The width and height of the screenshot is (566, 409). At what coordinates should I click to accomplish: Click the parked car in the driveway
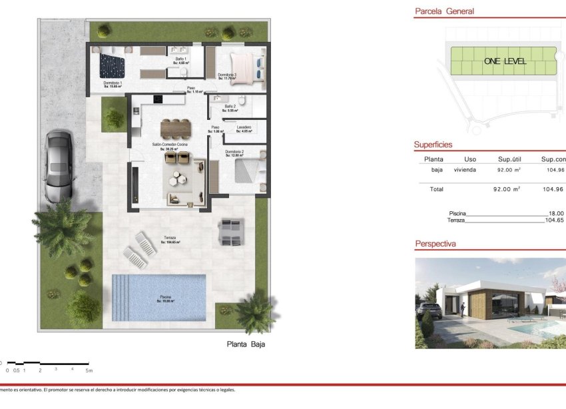(x=59, y=167)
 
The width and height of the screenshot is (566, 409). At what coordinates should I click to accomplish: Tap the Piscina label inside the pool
(x=164, y=297)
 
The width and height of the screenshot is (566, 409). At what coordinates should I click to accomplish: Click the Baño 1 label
(x=180, y=59)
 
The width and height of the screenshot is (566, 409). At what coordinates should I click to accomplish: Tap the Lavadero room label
(x=243, y=127)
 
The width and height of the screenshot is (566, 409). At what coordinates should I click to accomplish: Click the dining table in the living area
(x=175, y=127)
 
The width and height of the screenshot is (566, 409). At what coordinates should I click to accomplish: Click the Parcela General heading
(x=444, y=11)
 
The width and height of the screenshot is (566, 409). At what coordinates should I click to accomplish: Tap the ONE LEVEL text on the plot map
(x=505, y=61)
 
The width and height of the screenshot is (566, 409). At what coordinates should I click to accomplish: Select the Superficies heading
(x=433, y=145)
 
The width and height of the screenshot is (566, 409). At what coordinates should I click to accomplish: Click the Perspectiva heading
(x=435, y=244)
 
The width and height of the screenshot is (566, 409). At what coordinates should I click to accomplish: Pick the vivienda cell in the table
(x=465, y=170)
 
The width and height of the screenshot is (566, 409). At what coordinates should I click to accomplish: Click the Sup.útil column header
(x=513, y=159)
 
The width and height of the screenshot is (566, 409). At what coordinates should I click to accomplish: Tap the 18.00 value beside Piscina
(x=555, y=213)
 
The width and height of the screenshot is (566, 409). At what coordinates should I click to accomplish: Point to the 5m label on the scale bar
(x=89, y=370)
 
